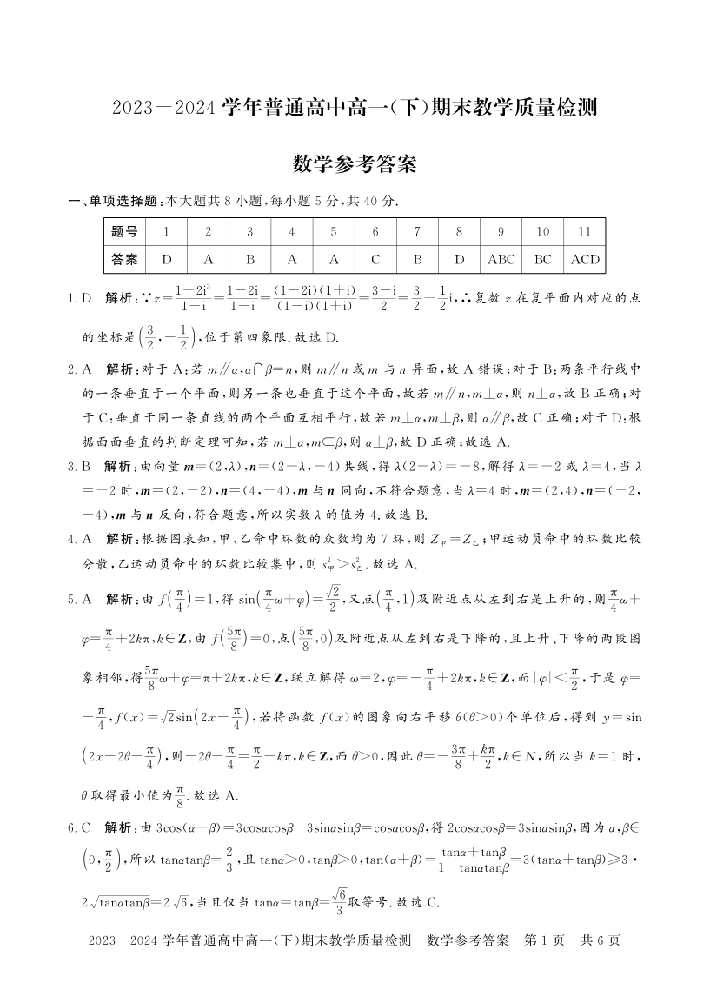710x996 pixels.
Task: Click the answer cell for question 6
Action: click(x=375, y=259)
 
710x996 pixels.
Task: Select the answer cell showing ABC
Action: click(x=501, y=259)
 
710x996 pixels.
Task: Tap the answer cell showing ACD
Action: click(x=585, y=259)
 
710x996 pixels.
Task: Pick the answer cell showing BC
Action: click(x=543, y=259)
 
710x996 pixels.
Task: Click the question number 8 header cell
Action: click(x=460, y=232)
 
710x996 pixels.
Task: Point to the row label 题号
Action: click(x=125, y=232)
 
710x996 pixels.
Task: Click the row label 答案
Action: click(x=125, y=259)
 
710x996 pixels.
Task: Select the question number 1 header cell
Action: click(x=167, y=232)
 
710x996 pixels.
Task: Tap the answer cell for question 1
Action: click(x=167, y=259)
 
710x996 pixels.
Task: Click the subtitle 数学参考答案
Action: click(x=354, y=163)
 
